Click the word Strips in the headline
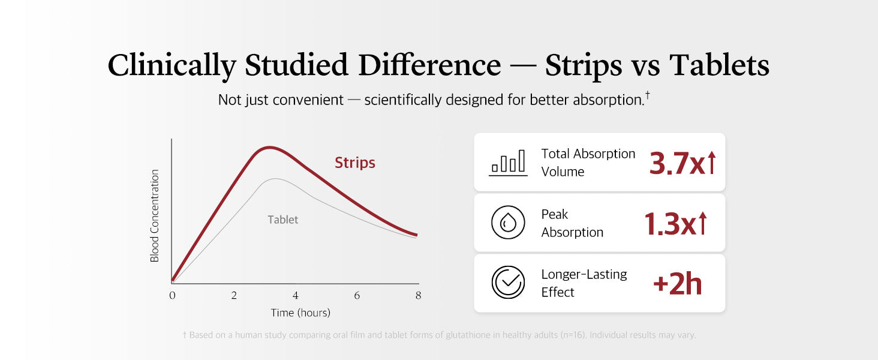pyautogui.click(x=584, y=65)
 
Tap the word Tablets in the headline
pyautogui.click(x=719, y=65)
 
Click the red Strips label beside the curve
pyautogui.click(x=354, y=163)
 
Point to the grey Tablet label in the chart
pyautogui.click(x=282, y=220)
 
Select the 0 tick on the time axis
pyautogui.click(x=172, y=295)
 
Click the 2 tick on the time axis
pyautogui.click(x=234, y=295)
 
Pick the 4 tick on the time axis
pyautogui.click(x=296, y=295)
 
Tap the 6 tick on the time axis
pyautogui.click(x=357, y=295)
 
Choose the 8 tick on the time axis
pyautogui.click(x=418, y=295)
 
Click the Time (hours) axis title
pyautogui.click(x=300, y=313)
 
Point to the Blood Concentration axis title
pyautogui.click(x=155, y=215)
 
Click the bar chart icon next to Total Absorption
pyautogui.click(x=508, y=163)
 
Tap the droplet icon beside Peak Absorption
pyautogui.click(x=508, y=223)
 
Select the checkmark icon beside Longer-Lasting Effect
pyautogui.click(x=508, y=283)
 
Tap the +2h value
pyautogui.click(x=677, y=284)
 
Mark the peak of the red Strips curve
pyautogui.click(x=270, y=148)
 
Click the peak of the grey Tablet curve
pyautogui.click(x=275, y=179)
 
